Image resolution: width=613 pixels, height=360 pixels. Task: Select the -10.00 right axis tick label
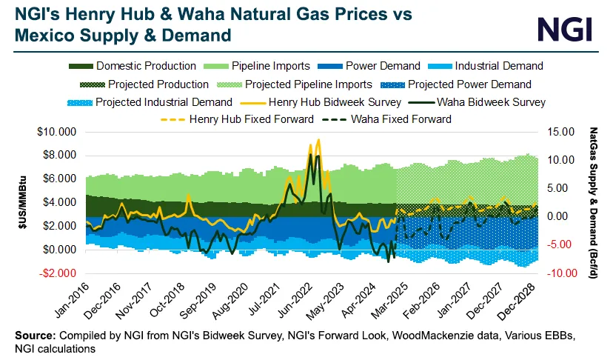(561, 273)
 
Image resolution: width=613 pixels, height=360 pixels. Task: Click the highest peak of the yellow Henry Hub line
(318, 139)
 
